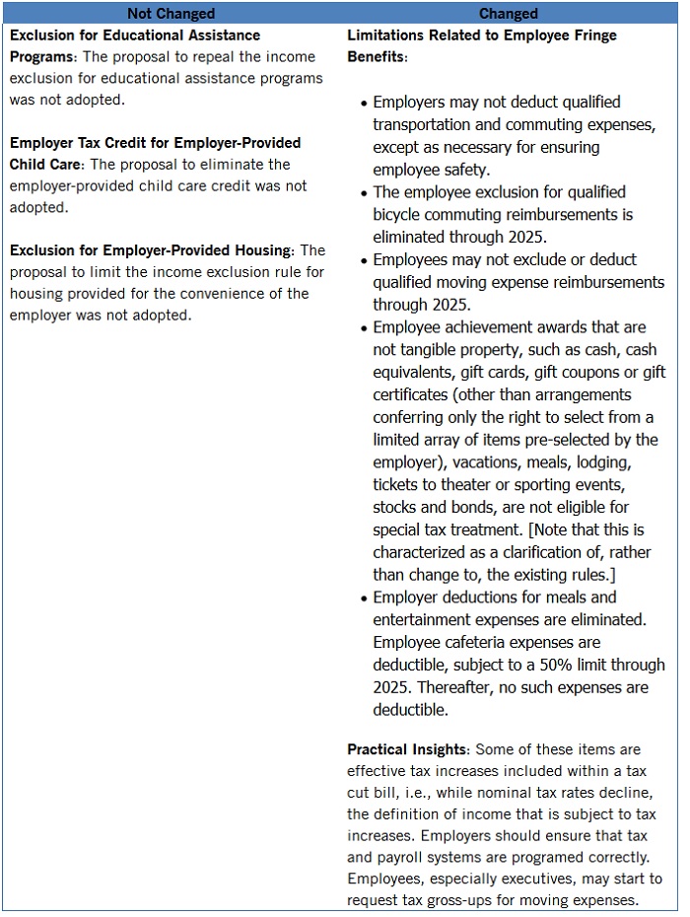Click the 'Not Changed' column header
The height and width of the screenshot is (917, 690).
(x=171, y=14)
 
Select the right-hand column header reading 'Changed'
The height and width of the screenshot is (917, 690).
(x=508, y=14)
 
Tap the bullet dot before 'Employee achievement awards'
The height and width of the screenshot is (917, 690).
(x=361, y=328)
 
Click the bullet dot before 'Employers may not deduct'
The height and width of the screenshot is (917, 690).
(x=361, y=104)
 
